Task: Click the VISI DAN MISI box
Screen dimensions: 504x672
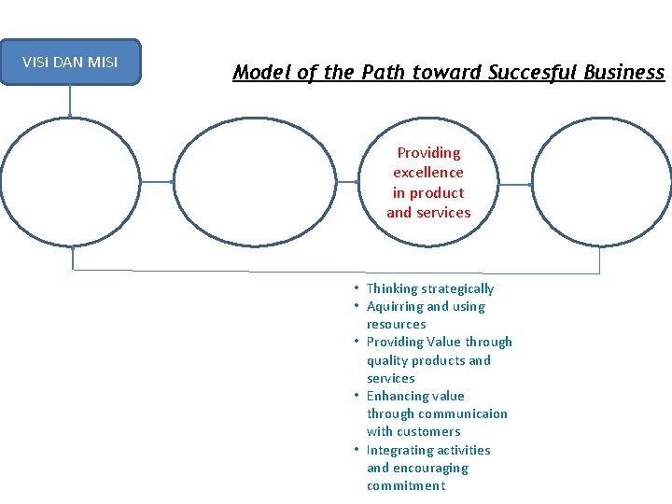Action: pyautogui.click(x=70, y=63)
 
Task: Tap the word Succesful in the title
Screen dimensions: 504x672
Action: pyautogui.click(x=530, y=72)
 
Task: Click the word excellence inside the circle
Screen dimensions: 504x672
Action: pyautogui.click(x=428, y=173)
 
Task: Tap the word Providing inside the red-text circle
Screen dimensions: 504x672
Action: pyautogui.click(x=428, y=152)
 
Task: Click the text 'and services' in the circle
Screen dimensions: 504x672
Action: pyautogui.click(x=428, y=213)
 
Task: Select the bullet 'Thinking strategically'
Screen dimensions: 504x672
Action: pyautogui.click(x=430, y=288)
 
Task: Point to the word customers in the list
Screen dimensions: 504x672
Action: pyautogui.click(x=427, y=431)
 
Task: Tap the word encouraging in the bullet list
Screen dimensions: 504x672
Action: pyautogui.click(x=432, y=468)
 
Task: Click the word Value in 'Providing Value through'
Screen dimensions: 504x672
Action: pyautogui.click(x=443, y=342)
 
